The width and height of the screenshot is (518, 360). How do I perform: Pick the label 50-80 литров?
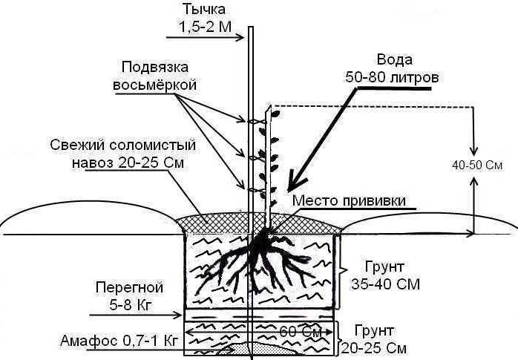pos(393,77)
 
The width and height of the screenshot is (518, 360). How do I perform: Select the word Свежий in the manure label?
pos(73,144)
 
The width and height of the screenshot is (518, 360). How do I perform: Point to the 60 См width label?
pos(303,330)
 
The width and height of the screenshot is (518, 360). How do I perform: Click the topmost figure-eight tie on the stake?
pos(257,120)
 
